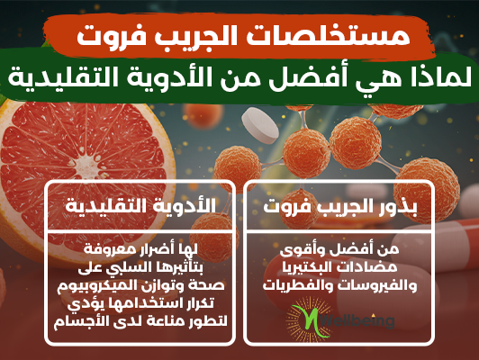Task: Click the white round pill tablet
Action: [260, 125]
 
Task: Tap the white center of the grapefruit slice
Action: [86, 166]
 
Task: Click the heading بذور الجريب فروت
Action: [340, 206]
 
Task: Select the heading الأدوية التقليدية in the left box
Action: [140, 205]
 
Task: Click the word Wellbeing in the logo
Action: [357, 320]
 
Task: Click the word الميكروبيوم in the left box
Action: [95, 286]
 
